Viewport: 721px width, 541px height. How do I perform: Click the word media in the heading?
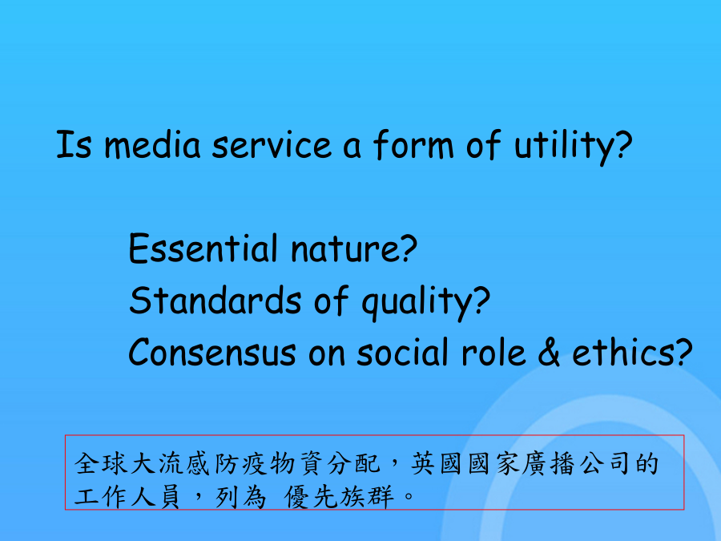[x=153, y=145]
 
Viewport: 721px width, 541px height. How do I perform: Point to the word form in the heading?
[x=413, y=144]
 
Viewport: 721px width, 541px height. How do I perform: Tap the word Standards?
[x=215, y=301]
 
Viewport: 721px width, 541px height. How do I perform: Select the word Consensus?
[x=212, y=353]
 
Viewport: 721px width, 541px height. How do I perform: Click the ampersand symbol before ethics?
[x=549, y=352]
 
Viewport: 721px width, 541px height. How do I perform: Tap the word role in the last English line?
[x=493, y=352]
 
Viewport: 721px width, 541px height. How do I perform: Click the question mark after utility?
[x=623, y=144]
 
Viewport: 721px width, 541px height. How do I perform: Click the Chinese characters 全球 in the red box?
[x=101, y=464]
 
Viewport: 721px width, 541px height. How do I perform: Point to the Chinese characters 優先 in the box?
[x=312, y=497]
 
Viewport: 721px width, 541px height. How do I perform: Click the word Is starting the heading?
[x=74, y=145]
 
